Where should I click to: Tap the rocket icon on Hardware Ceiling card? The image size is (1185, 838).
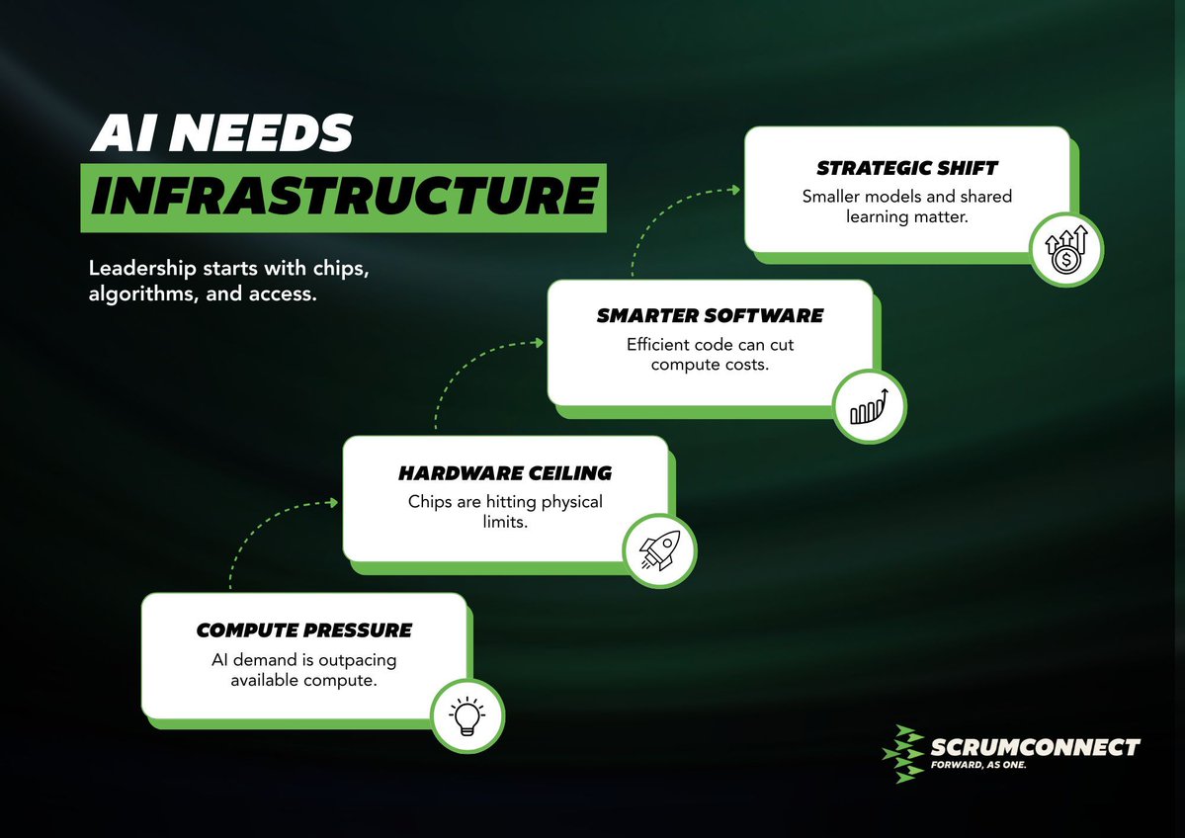coord(658,548)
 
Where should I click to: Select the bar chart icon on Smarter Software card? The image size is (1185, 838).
coord(867,405)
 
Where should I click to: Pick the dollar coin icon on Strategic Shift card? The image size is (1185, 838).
coord(1065,249)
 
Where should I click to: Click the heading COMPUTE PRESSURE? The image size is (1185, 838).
coord(303,630)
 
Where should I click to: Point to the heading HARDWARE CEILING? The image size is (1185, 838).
coord(504,473)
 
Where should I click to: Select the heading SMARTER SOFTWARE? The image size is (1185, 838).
coord(710,316)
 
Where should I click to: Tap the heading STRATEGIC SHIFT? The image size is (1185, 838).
coord(906,168)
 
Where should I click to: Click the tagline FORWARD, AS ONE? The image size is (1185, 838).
coord(979,765)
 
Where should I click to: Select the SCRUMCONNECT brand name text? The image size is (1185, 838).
coord(1035,746)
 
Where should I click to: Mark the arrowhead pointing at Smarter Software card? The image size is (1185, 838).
coord(538,343)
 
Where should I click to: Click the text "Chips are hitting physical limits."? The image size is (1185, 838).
coord(504,511)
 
